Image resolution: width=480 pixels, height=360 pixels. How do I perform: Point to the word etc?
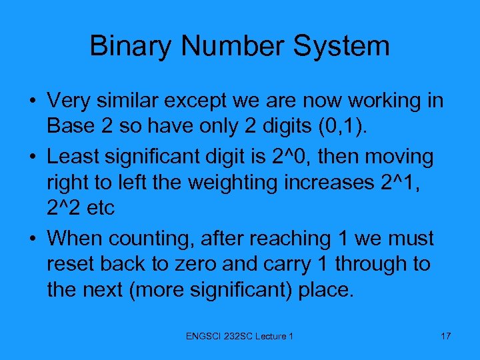(100, 208)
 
